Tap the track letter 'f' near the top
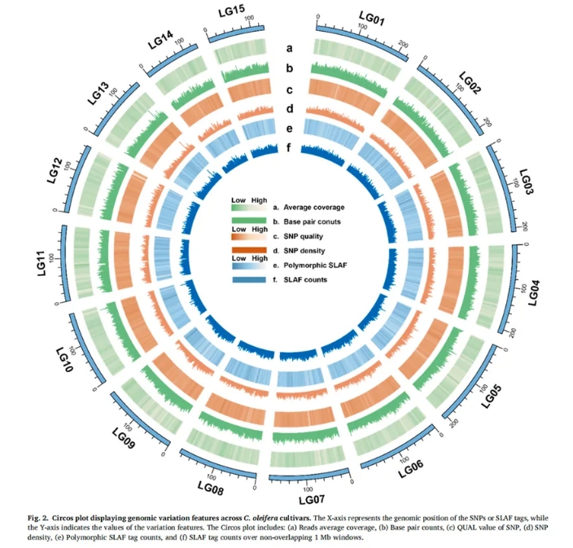point(289,148)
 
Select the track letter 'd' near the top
point(289,108)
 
